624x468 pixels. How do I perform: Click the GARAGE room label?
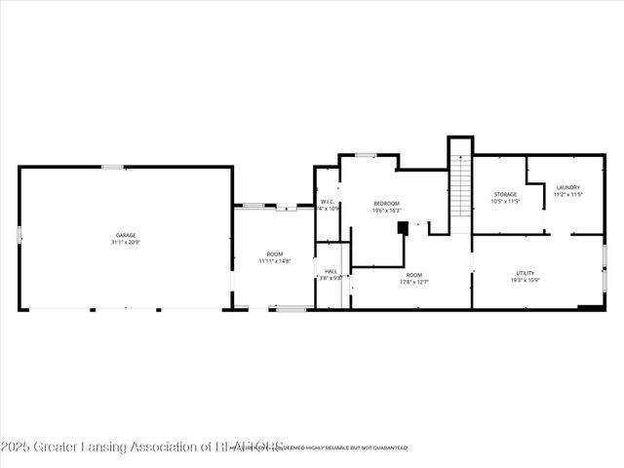tap(126, 235)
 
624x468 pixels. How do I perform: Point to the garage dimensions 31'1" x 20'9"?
tap(126, 242)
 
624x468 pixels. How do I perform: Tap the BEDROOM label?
tap(387, 203)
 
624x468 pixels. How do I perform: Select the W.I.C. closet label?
tap(329, 201)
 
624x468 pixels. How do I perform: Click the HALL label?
tap(331, 271)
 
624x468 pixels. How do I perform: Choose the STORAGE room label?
tap(504, 194)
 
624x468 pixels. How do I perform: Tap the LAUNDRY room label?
tap(568, 187)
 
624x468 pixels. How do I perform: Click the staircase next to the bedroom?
tap(461, 190)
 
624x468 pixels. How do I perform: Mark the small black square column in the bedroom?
tap(402, 228)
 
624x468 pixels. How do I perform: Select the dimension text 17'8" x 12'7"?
tap(414, 282)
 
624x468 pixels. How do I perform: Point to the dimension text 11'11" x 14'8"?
tap(275, 261)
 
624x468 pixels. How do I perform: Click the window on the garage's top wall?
tap(113, 167)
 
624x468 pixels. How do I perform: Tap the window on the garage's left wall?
tap(19, 234)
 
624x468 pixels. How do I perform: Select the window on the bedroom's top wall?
tap(366, 155)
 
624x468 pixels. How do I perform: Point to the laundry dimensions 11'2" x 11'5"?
tap(568, 195)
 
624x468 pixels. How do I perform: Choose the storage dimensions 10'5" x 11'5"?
tap(504, 202)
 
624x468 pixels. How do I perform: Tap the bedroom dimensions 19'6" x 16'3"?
tap(387, 211)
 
